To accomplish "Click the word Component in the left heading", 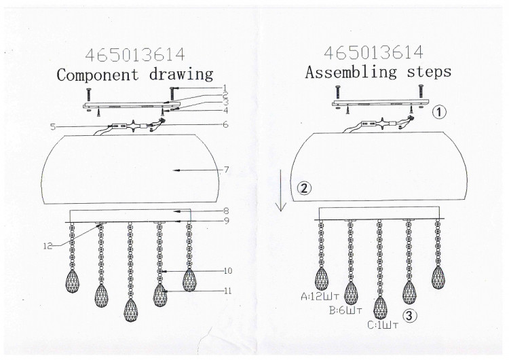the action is pos(97,75).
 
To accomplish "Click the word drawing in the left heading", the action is pos(181,75).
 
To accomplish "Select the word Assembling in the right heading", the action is pos(351,72).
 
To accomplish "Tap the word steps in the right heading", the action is pos(429,72).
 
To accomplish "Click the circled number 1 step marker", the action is pos(439,112).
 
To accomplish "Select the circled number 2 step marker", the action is pos(304,188).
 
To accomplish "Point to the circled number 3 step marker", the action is pos(410,315).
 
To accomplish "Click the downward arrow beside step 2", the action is pos(281,190).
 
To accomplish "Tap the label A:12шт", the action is pos(320,297).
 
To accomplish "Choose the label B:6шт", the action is pos(345,311).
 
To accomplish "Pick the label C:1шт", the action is pos(383,325).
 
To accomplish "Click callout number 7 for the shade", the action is pos(226,170).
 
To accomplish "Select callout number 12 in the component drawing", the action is pos(48,247).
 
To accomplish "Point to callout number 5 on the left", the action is pos(53,127).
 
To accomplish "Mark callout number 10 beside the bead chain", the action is pos(228,270).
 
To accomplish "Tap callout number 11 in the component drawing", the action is pos(228,291).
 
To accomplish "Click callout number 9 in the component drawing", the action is pos(227,221).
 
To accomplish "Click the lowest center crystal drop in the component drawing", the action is pos(130,310).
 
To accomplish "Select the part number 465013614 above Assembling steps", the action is pos(374,52).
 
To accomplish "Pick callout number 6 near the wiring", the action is pos(225,124).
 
